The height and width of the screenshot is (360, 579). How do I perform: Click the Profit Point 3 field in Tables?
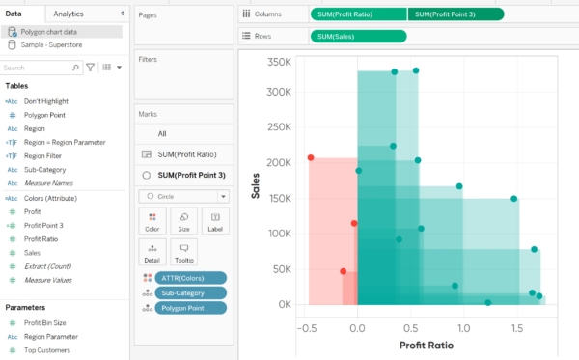click(x=43, y=225)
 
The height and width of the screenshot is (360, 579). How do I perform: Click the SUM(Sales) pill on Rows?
click(x=358, y=37)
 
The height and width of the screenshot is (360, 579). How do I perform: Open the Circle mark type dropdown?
click(x=182, y=196)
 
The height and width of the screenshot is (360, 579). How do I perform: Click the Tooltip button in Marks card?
click(x=182, y=253)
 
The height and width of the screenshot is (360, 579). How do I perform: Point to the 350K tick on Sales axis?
click(x=279, y=61)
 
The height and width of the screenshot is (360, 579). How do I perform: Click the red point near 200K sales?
click(x=311, y=157)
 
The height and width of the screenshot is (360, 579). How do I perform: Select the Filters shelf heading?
click(x=149, y=60)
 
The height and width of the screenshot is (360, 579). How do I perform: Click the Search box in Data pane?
click(x=37, y=69)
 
